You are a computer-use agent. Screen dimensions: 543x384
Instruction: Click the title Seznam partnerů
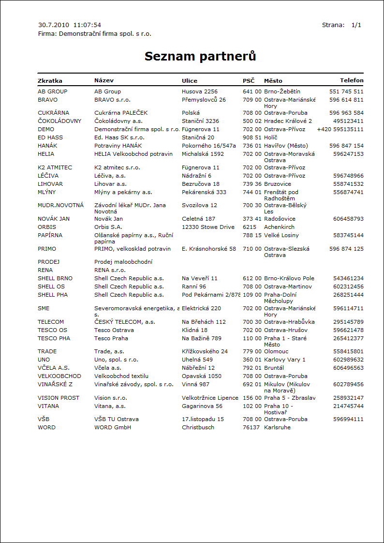pos(200,57)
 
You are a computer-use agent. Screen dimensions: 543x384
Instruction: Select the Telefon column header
pos(352,80)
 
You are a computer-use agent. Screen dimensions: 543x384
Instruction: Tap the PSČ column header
pos(248,80)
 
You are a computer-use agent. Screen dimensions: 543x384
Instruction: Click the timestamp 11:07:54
pos(87,25)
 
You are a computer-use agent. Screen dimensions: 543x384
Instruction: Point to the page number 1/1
pos(356,25)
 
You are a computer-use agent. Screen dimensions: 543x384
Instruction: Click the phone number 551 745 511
pos(346,91)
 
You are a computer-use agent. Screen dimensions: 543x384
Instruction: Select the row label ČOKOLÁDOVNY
pos(59,121)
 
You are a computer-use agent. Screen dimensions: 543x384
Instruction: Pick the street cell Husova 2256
pos(200,91)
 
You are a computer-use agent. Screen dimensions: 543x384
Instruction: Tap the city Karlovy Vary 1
pos(285,360)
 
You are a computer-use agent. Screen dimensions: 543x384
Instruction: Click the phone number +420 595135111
pos(340,129)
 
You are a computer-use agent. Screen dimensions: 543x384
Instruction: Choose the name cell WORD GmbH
pos(113,427)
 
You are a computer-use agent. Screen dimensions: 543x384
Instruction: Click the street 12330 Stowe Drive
pos(208,227)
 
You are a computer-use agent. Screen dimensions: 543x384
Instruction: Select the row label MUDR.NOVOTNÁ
pos(61,205)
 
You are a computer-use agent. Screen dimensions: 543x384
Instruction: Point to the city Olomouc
pos(277,351)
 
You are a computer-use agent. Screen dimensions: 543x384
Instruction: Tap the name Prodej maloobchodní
pos(123,262)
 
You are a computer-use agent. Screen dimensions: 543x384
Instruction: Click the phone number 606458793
pos(348,219)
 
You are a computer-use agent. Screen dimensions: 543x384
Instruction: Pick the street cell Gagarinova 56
pos(202,406)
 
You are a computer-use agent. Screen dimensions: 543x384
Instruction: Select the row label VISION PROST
pos(59,398)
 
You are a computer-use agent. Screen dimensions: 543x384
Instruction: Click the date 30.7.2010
pos(54,25)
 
